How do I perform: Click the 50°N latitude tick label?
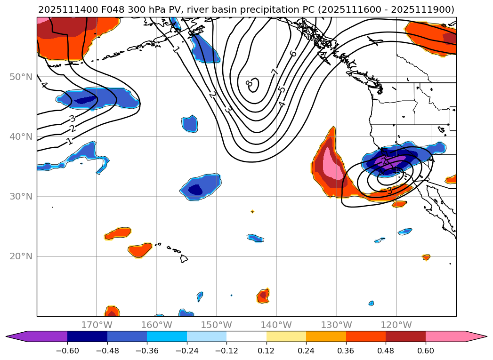point(21,77)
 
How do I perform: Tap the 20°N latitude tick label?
point(21,256)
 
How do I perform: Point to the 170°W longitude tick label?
point(97,325)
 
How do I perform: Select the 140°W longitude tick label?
point(276,325)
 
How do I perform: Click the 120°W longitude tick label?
point(396,325)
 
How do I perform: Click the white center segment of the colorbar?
point(246,336)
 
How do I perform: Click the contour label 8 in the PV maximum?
point(248,83)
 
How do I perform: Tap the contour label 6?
point(293,53)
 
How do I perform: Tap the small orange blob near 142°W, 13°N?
point(263,296)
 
